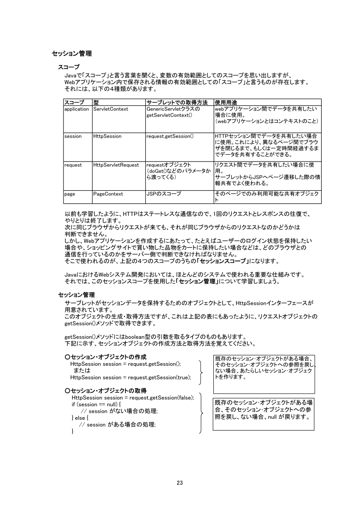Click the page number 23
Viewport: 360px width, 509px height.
180,482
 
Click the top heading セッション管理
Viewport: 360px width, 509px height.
72,54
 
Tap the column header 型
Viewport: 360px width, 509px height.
96,102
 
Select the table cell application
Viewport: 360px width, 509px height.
76,109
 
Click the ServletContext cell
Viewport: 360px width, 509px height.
111,109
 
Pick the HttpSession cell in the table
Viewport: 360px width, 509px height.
107,136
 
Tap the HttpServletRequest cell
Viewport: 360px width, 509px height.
116,165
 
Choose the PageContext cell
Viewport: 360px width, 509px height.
108,194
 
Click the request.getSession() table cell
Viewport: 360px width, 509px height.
170,136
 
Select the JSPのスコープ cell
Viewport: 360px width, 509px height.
164,194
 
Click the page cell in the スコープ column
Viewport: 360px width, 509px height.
70,194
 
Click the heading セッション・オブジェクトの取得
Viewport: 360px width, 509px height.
106,390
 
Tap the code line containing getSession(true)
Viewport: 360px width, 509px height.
131,377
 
